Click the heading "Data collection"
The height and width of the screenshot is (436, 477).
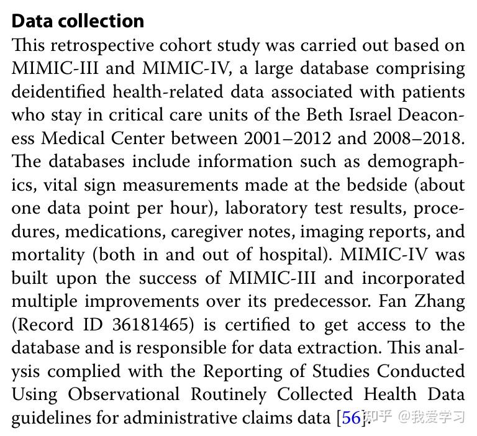(x=78, y=20)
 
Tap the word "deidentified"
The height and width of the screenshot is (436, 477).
(x=58, y=92)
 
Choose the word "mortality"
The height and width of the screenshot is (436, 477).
(x=48, y=255)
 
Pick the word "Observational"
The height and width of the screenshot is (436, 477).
(x=124, y=394)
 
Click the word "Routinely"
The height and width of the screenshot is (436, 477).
(x=229, y=394)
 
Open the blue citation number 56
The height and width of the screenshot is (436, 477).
(x=351, y=418)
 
